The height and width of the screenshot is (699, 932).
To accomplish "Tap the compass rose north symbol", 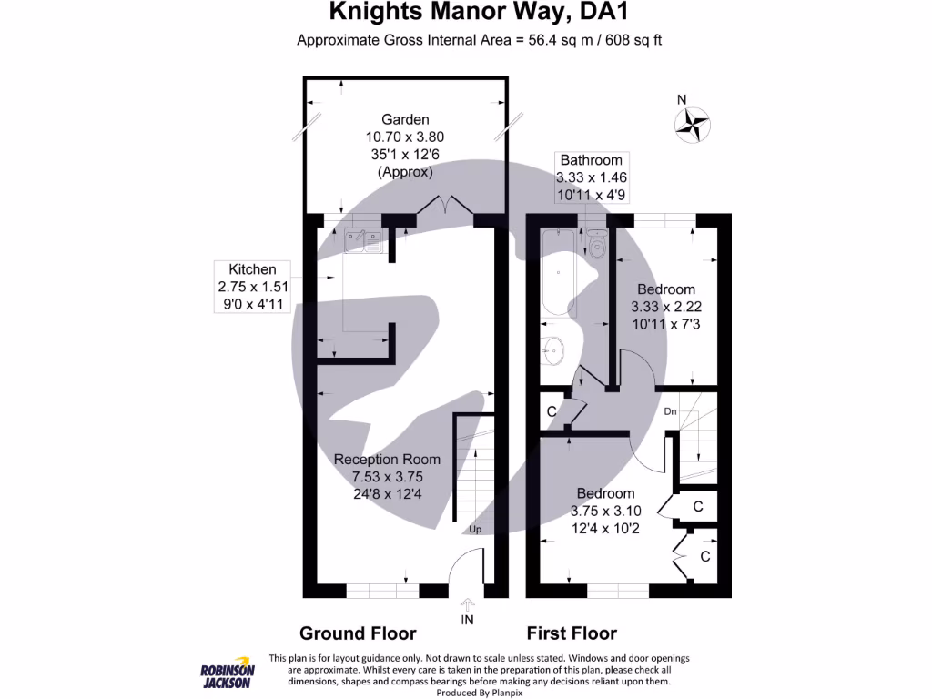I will tap(692, 123).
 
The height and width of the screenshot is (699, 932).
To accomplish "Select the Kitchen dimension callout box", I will tap(252, 287).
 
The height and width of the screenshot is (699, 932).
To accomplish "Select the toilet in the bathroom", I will tap(597, 248).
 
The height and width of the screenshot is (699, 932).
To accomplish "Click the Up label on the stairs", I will tap(475, 529).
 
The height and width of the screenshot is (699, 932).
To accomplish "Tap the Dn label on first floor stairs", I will tap(670, 412).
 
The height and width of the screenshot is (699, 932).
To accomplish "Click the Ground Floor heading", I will tap(358, 633).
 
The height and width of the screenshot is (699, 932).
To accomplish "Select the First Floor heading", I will tap(572, 633).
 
